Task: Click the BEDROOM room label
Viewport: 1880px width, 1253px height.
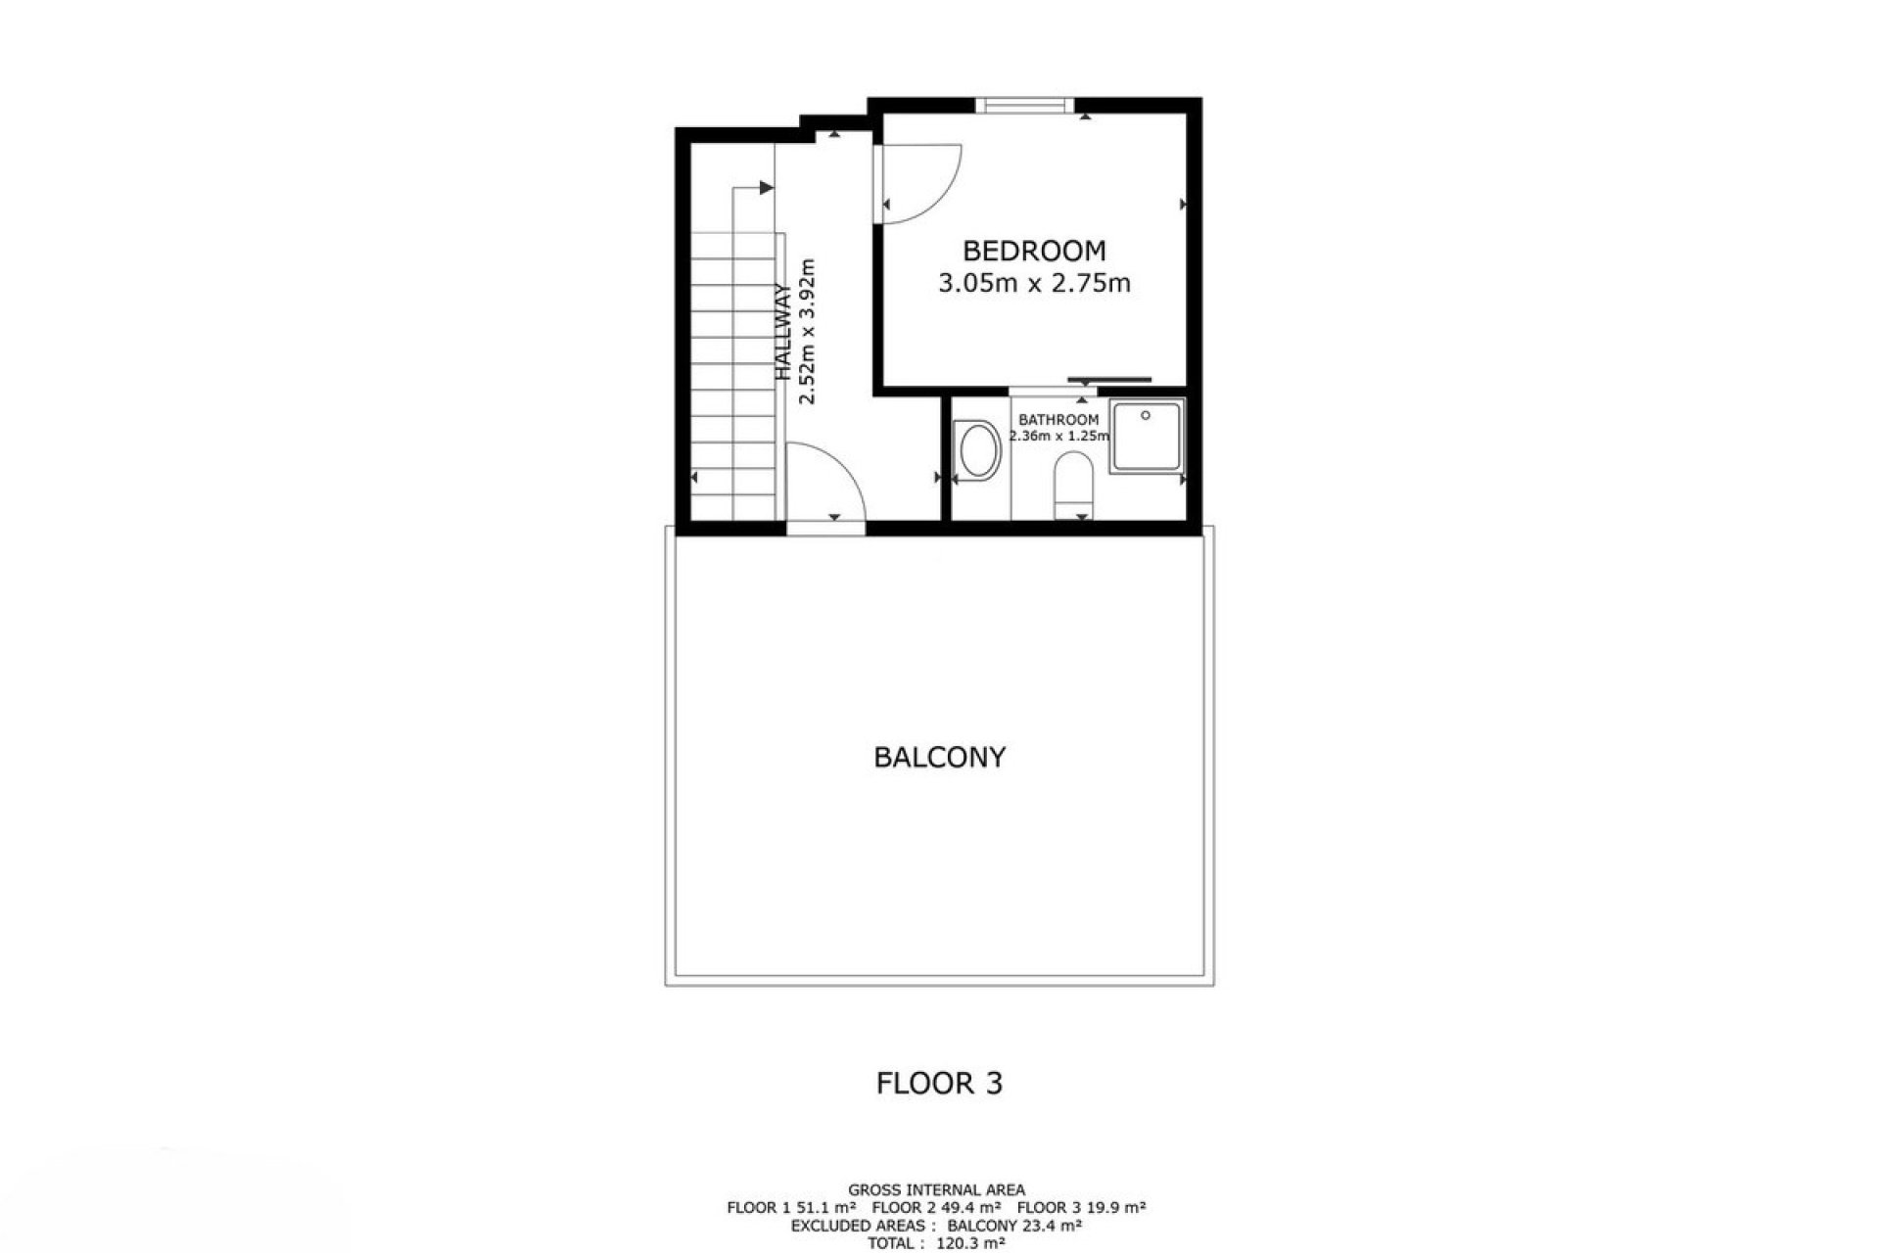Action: pos(1034,251)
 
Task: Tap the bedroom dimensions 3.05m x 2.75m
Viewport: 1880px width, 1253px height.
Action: pos(1034,284)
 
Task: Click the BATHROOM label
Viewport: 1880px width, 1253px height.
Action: pos(1058,420)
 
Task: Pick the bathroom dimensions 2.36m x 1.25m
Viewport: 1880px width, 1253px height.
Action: pos(1058,437)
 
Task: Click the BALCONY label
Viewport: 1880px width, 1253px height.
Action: pos(939,758)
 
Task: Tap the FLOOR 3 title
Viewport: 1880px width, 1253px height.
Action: pos(939,1084)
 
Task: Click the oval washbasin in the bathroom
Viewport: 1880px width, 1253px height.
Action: pos(978,451)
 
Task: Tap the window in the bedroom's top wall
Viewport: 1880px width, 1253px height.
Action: pos(1024,106)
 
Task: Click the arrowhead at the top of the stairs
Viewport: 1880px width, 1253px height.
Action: pos(767,188)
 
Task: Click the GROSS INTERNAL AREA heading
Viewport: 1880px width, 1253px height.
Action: pos(936,1190)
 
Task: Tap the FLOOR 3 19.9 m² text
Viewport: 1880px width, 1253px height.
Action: pos(1087,1208)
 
